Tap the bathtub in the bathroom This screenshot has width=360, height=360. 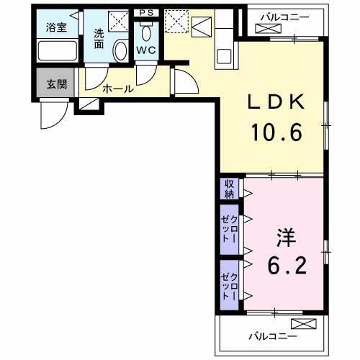(x=57, y=50)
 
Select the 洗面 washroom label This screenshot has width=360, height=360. (x=99, y=38)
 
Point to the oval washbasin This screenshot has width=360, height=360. (x=121, y=50)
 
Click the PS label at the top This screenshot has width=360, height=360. (x=147, y=12)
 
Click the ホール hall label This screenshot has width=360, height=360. (x=117, y=89)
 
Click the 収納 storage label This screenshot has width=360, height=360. (x=229, y=189)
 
